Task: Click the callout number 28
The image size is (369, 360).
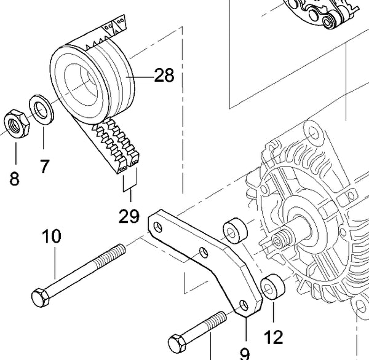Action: coord(164,76)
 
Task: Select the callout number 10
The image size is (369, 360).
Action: coord(52,237)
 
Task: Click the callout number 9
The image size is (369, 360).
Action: coord(244,352)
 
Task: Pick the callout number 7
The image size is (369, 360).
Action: coord(44,166)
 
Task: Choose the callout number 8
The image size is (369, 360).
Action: coord(14,179)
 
